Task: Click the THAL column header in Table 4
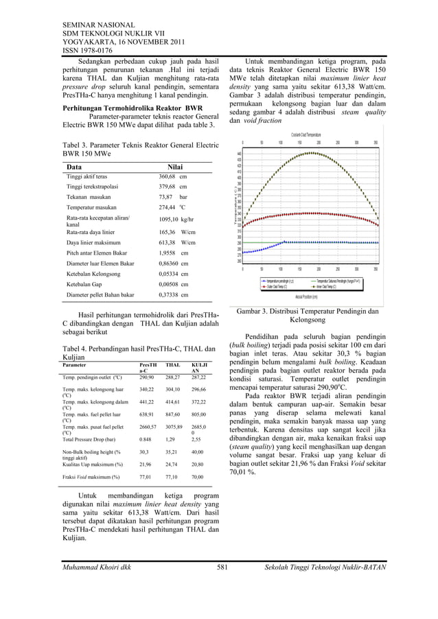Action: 173,366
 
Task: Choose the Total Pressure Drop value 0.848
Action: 146,439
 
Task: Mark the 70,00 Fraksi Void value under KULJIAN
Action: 198,476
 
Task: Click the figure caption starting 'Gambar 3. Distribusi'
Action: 307,316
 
